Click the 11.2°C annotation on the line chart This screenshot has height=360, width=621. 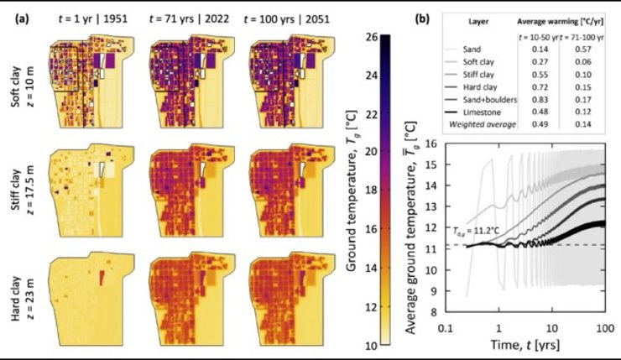tap(474, 237)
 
